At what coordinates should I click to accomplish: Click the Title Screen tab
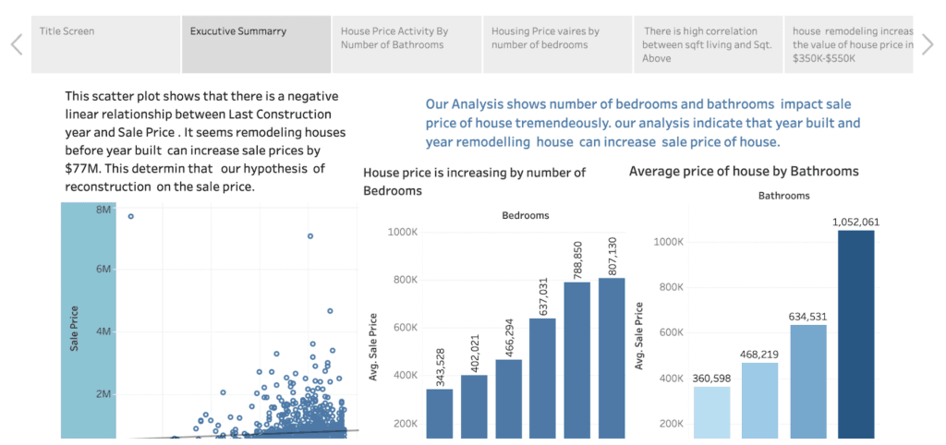pos(105,44)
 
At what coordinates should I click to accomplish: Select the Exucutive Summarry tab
pos(256,44)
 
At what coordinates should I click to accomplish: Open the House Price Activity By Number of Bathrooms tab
pos(406,44)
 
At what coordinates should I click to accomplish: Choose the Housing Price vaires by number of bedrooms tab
pos(557,44)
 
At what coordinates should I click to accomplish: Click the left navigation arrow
pos(16,44)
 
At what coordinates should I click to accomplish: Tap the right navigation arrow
pos(928,44)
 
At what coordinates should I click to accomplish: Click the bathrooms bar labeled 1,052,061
pos(855,333)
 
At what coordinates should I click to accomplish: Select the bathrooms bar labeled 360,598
pos(711,412)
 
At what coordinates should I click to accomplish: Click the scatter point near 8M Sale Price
pos(130,216)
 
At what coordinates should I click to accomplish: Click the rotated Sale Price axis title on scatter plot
pos(74,328)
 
